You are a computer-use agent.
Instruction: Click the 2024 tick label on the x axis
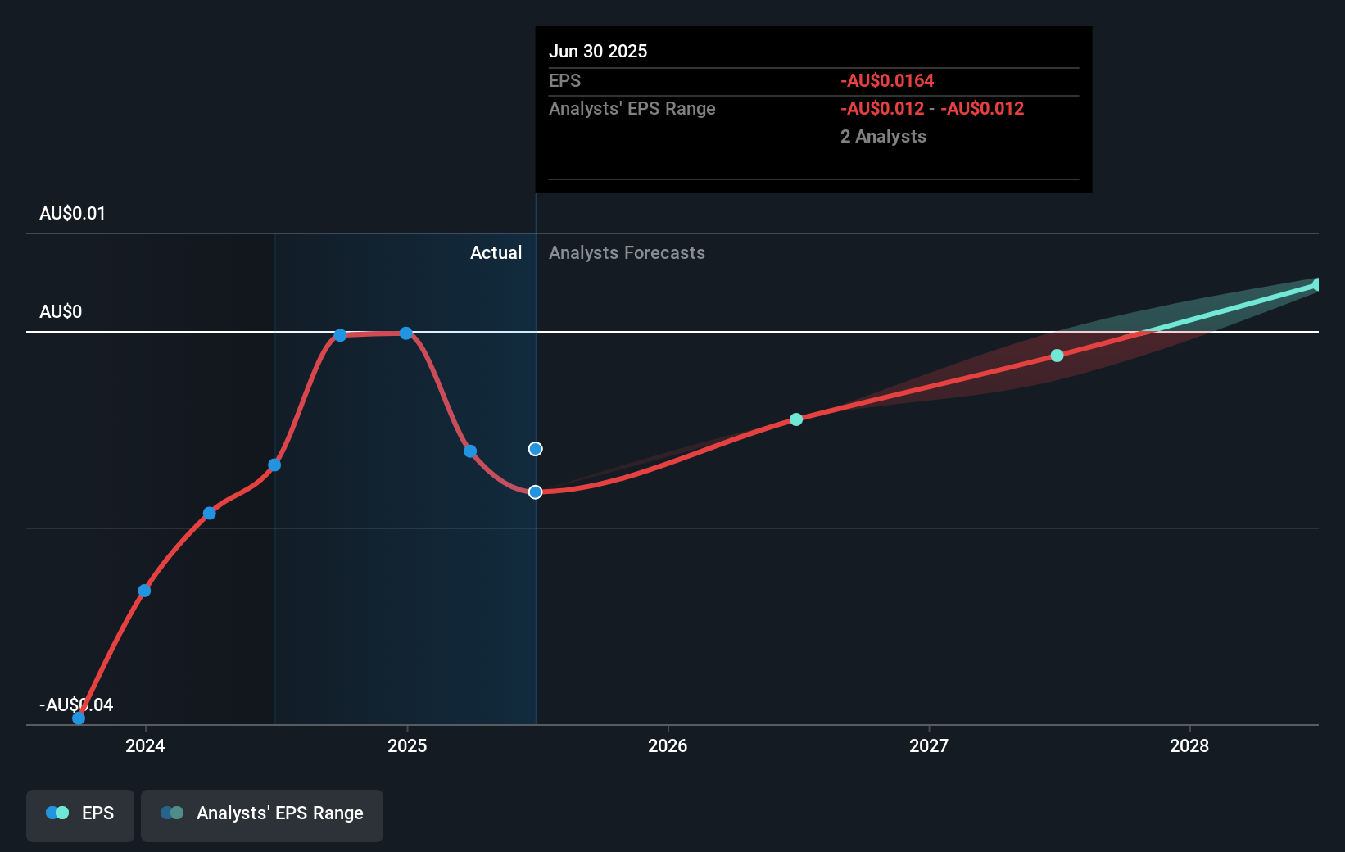click(145, 745)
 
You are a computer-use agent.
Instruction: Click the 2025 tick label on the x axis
click(407, 745)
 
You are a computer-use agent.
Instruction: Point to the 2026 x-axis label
click(668, 745)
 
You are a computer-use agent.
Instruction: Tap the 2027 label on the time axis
click(929, 745)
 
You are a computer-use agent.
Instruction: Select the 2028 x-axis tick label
click(1189, 745)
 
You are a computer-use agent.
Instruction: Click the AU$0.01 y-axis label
click(72, 214)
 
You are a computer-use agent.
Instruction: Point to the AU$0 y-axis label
click(61, 312)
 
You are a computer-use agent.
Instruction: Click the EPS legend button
click(80, 813)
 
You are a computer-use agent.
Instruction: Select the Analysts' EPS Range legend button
click(262, 813)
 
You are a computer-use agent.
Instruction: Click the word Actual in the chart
click(496, 253)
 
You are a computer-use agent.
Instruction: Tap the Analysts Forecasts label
click(627, 253)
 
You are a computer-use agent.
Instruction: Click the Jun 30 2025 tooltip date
click(598, 52)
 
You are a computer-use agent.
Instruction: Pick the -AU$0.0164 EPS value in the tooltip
click(887, 81)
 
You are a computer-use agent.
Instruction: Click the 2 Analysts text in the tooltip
click(883, 137)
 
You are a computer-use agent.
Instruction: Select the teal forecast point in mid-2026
click(796, 419)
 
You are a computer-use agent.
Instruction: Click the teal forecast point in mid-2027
click(1057, 356)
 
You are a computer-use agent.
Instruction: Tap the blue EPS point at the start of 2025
click(406, 333)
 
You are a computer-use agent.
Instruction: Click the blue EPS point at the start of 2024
click(144, 591)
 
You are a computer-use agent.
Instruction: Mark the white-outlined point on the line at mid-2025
click(535, 492)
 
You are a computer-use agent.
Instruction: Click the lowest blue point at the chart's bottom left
click(79, 718)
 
